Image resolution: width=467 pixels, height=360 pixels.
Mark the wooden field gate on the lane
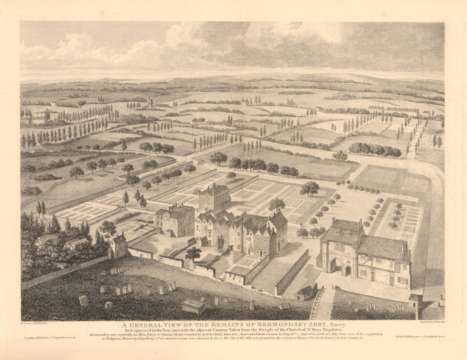coord(201,161)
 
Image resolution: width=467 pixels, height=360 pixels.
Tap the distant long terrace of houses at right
coord(403,111)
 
